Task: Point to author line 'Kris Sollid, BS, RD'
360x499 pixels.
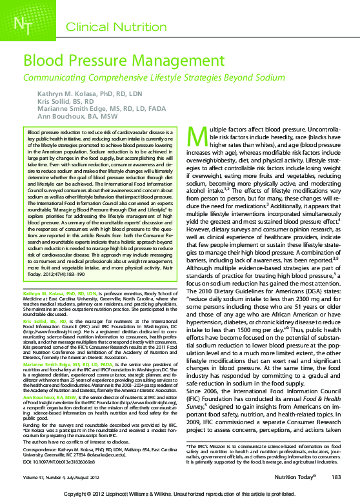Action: pos(72,102)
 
